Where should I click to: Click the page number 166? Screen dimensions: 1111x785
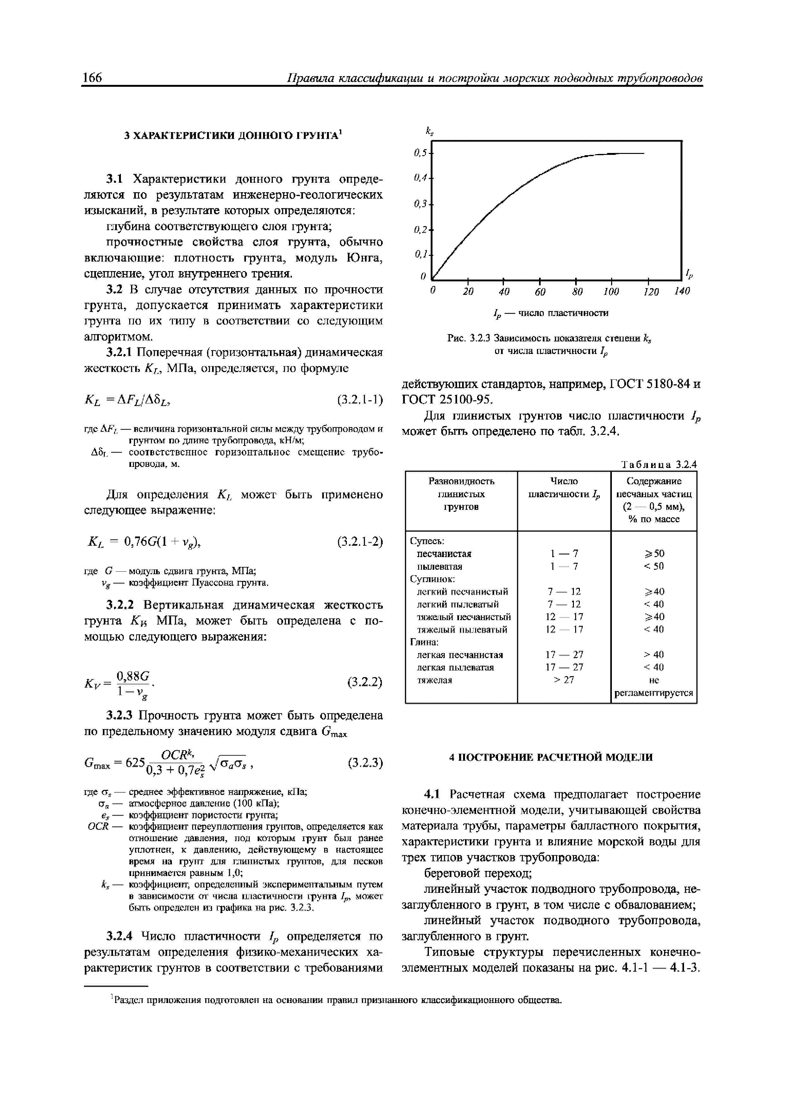pyautogui.click(x=93, y=77)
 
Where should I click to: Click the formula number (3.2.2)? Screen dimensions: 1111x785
pyautogui.click(x=365, y=682)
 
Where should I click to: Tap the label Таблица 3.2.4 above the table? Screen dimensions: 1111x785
pyautogui.click(x=659, y=465)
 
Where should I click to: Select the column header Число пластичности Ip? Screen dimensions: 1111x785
pyautogui.click(x=564, y=488)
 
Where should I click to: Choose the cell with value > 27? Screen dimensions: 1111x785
pyautogui.click(x=564, y=680)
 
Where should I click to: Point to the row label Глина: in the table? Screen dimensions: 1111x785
pyautogui.click(x=424, y=642)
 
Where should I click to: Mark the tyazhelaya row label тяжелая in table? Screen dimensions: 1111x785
pyautogui.click(x=434, y=680)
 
